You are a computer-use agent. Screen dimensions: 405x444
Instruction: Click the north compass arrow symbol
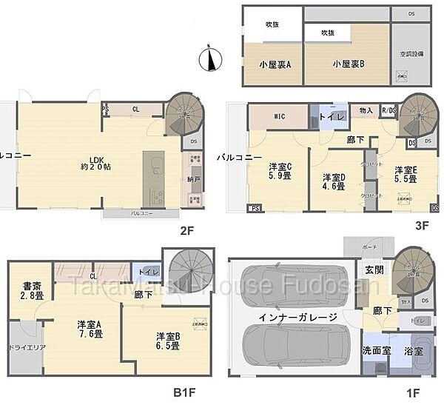211,58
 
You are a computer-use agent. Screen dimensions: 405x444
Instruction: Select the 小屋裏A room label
275,64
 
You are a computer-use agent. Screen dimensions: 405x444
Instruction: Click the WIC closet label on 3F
268,116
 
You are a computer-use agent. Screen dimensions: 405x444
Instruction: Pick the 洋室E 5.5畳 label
405,174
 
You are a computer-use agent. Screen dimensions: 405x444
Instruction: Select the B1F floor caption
184,392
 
